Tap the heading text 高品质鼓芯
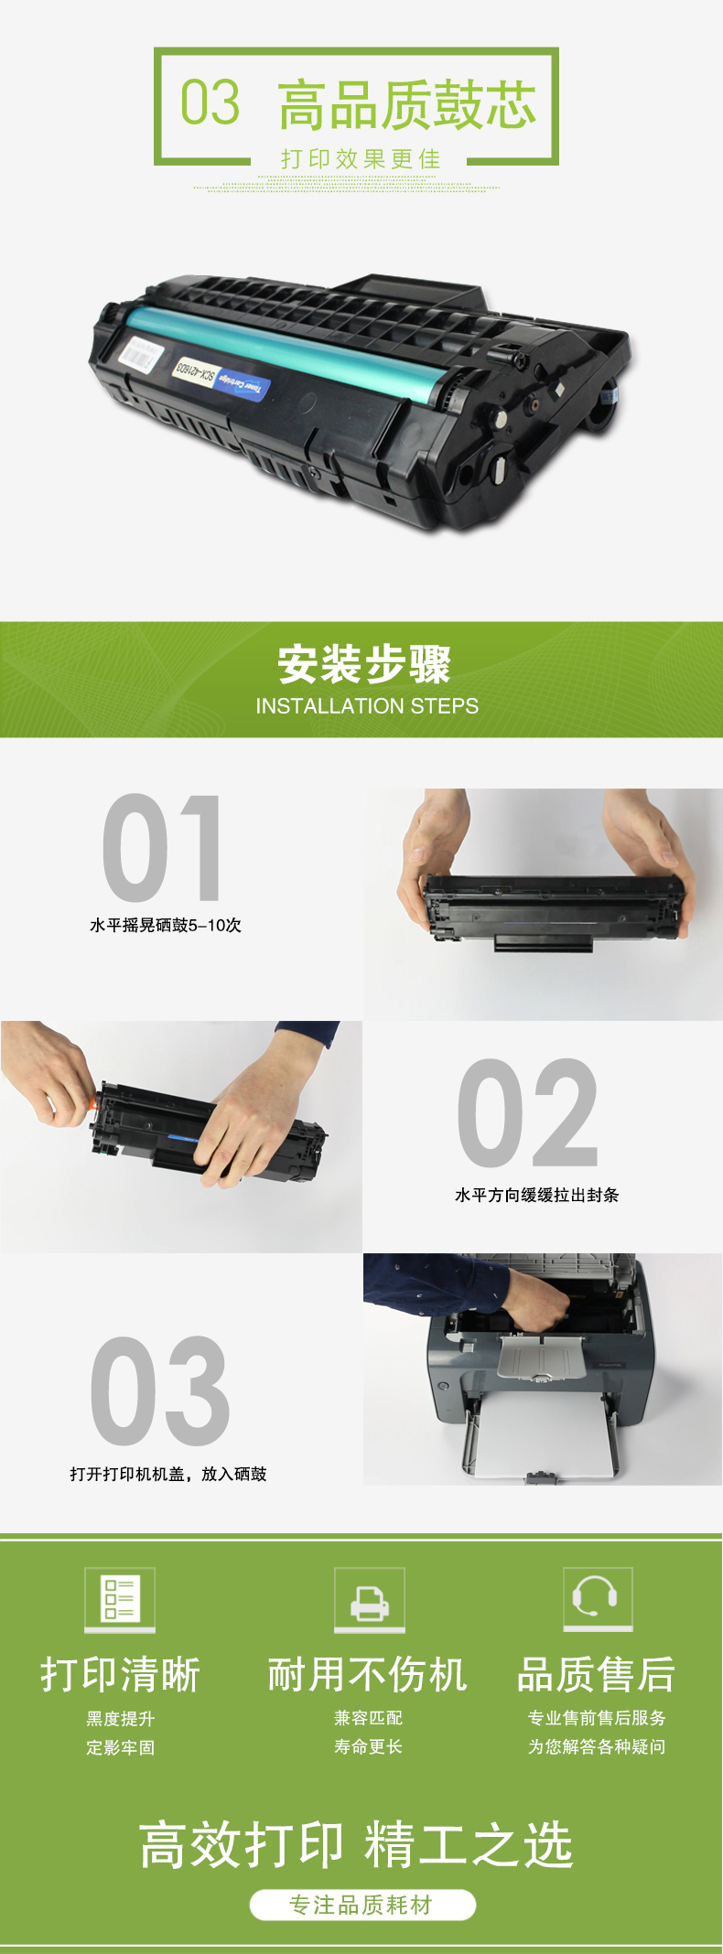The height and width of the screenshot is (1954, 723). click(x=407, y=104)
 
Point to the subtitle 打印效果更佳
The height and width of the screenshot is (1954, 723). click(x=361, y=159)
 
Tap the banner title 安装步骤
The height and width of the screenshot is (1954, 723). click(x=364, y=664)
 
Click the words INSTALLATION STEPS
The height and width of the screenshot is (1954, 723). click(x=367, y=706)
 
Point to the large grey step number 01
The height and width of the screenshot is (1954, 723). click(x=162, y=848)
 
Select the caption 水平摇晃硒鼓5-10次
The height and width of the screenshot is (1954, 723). click(x=166, y=925)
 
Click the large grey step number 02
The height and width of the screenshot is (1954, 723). click(x=527, y=1112)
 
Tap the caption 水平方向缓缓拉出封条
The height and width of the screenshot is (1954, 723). click(x=537, y=1195)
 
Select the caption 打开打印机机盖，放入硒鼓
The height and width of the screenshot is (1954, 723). click(x=168, y=1474)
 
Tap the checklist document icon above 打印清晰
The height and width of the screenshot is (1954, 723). click(x=120, y=1598)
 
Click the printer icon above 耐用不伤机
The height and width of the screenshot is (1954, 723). click(x=369, y=1598)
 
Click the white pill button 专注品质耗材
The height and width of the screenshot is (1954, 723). click(x=362, y=1905)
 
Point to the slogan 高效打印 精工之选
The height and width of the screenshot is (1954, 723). click(x=357, y=1844)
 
